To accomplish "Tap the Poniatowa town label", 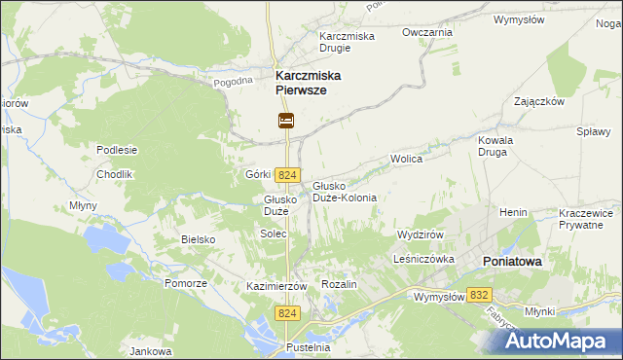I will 512,262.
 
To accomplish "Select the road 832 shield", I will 478,294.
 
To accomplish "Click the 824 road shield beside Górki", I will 286,174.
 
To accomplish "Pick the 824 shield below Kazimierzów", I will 286,313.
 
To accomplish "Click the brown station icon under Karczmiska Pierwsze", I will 286,121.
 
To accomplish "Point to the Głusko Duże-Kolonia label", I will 345,191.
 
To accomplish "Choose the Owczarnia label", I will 428,32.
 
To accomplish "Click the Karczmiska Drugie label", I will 348,43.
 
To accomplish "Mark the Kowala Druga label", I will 495,146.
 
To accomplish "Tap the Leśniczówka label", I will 425,260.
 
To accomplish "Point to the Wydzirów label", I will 421,234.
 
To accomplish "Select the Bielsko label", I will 198,238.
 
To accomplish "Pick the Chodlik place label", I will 114,173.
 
